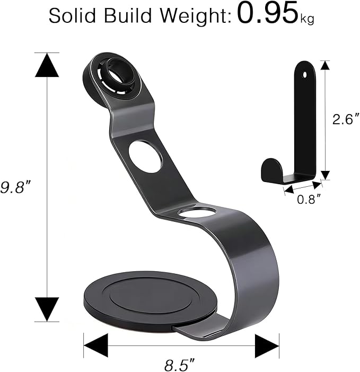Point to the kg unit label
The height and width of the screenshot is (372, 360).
307,20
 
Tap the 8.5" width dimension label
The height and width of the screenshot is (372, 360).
179,365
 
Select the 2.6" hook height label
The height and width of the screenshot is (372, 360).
346,119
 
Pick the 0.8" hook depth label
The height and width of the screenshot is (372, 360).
309,200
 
